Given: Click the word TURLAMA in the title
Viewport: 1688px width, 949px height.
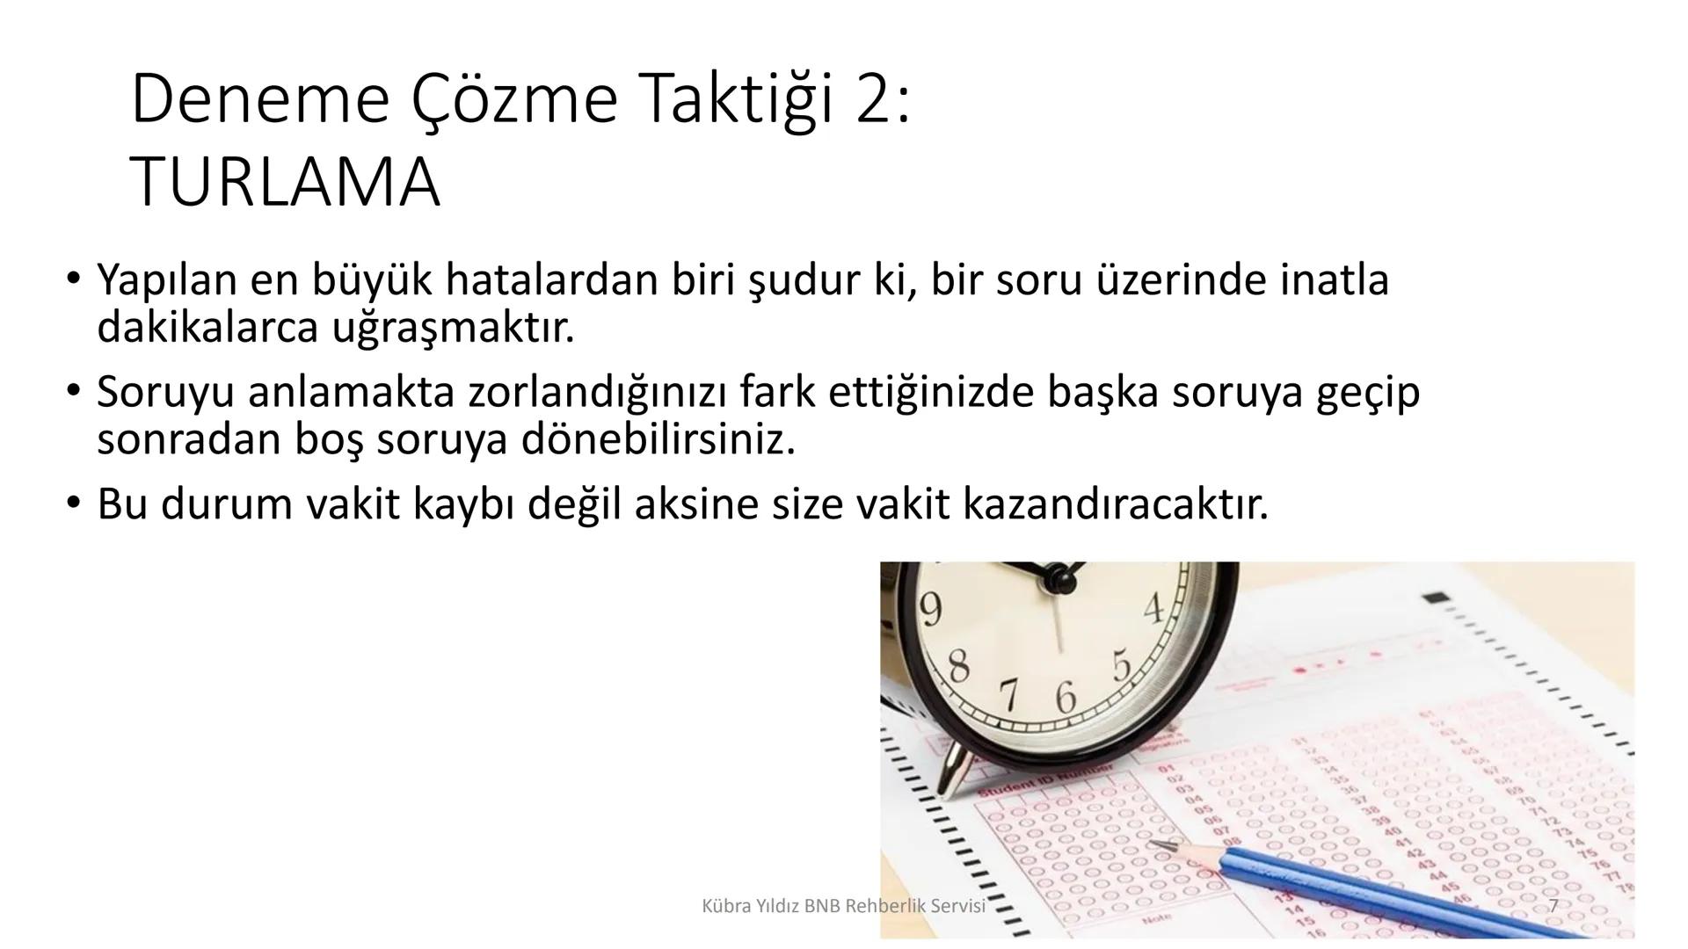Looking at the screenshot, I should click(x=285, y=182).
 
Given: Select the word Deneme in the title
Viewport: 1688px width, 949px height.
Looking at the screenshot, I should click(x=259, y=99).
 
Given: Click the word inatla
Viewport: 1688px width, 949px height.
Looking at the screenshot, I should click(x=1334, y=280).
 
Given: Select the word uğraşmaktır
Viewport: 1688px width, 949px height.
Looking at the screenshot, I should click(x=453, y=328).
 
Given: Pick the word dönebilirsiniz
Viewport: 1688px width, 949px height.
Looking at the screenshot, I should click(x=658, y=439).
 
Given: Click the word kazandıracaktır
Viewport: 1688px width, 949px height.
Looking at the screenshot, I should click(x=1116, y=504).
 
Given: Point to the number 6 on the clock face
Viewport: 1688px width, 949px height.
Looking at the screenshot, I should click(x=1065, y=699).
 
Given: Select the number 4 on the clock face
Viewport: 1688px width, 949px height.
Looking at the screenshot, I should click(x=1154, y=609).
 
